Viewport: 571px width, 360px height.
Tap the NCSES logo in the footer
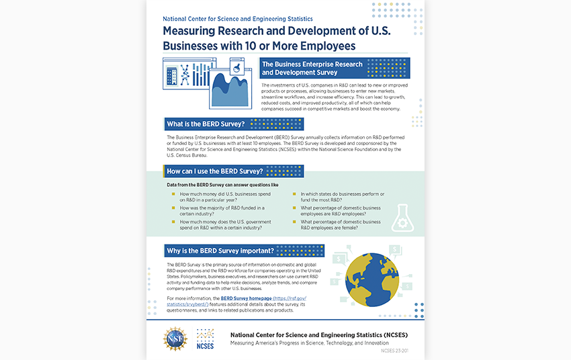tap(205, 339)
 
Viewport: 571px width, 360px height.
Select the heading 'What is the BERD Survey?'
tap(205, 124)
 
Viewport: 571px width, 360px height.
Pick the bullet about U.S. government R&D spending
tap(225, 224)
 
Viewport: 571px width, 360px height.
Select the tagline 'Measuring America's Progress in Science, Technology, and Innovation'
tap(318, 343)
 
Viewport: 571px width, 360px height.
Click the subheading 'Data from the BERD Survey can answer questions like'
tap(222, 184)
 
